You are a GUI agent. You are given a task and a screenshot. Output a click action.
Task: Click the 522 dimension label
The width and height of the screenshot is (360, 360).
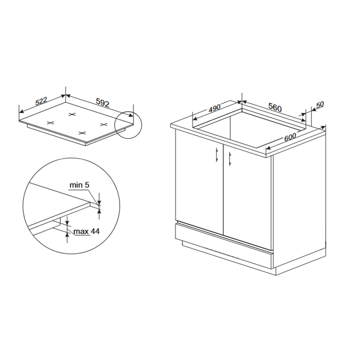coord(41,101)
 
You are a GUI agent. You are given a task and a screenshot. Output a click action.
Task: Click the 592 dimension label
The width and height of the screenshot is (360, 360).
coord(103,103)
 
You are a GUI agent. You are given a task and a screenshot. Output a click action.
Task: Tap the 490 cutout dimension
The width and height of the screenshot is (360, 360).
coord(215,109)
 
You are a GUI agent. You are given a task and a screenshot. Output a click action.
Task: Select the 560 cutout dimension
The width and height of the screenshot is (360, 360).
coord(275,107)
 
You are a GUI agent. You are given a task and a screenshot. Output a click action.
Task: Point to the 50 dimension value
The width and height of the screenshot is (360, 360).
coord(320,105)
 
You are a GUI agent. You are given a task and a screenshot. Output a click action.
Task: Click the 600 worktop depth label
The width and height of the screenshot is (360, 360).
coord(290,137)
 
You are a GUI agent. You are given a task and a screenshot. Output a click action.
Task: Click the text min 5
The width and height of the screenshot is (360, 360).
coord(79,185)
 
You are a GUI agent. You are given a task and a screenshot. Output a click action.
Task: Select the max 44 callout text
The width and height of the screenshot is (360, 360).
coord(87,231)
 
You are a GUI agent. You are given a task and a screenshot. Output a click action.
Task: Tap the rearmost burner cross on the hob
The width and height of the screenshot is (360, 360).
coord(72,114)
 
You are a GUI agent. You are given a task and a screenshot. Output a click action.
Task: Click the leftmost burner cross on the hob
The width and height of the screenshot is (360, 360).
coord(50,123)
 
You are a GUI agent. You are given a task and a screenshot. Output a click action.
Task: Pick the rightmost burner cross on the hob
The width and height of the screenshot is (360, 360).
coord(104,125)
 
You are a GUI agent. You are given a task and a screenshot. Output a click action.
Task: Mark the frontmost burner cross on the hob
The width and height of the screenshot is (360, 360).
coord(82,133)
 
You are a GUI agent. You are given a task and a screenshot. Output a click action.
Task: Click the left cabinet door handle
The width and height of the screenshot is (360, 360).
coord(217,155)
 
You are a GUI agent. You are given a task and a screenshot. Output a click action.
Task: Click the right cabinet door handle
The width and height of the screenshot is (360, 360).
coord(230,159)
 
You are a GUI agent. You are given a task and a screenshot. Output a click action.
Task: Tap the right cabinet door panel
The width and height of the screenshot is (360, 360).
coord(247,197)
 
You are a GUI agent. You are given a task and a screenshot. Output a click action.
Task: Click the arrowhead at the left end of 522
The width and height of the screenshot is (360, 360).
coord(21,112)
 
